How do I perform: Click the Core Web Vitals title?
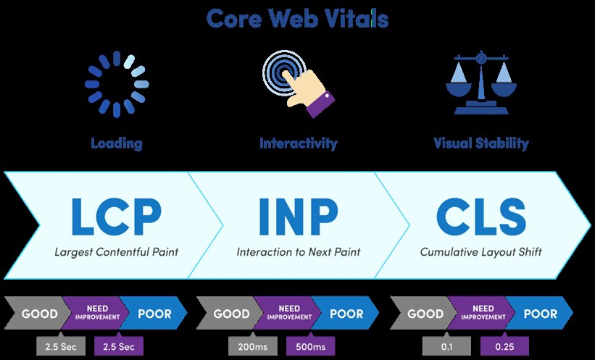pos(297,19)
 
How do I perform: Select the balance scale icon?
pos(481,83)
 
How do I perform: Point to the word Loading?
pos(117,143)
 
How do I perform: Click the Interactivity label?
pos(299,143)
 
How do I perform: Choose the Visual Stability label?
pos(480,143)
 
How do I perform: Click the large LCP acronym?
pos(117,217)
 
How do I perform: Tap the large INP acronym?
pos(299,217)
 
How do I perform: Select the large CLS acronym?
pos(481,217)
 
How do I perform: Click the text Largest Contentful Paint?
pos(117,252)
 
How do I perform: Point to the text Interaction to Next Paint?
pos(299,252)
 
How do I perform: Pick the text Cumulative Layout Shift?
pos(480,252)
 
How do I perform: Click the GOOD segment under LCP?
pos(37,314)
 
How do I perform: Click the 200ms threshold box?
pos(253,346)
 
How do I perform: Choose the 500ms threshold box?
pos(311,346)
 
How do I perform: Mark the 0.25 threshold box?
pos(504,346)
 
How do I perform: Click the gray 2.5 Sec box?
pos(61,346)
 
